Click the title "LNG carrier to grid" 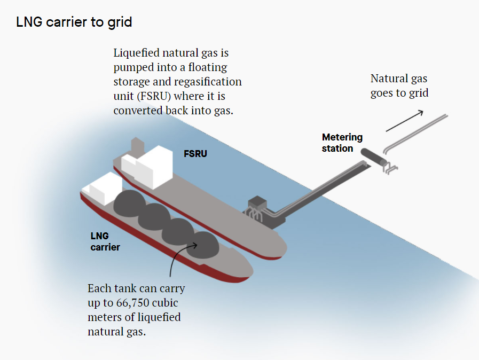(74, 22)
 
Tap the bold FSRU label (195, 154)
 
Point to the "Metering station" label (342, 143)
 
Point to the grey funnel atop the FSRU (137, 145)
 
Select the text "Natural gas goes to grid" (399, 85)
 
